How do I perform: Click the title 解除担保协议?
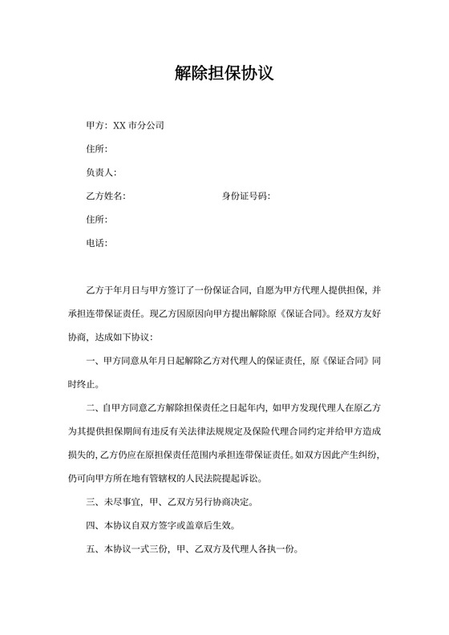point(224,74)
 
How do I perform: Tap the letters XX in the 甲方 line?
point(119,126)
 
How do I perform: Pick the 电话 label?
point(95,243)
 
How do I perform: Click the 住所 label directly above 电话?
point(95,219)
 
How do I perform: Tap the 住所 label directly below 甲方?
point(95,149)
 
